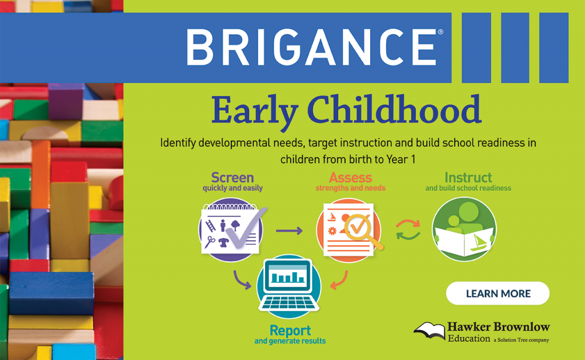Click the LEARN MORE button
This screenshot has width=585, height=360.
pos(498,293)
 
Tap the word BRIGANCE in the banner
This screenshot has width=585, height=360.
pos(311,47)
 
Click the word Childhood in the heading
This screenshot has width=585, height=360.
pos(394,110)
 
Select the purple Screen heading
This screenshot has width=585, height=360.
pos(233,178)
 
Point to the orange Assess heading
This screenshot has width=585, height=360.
pos(350,178)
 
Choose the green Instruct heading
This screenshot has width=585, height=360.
pos(468,178)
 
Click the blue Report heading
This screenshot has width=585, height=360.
pos(290,331)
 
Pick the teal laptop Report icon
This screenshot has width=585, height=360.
pos(289,286)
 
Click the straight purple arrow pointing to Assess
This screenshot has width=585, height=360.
pos(289,231)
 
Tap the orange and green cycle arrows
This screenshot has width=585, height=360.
pos(408,230)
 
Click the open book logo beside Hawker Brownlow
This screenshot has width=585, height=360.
pos(430,330)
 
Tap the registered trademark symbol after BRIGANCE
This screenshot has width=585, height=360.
pos(440,32)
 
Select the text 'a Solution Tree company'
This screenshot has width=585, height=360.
pos(521,340)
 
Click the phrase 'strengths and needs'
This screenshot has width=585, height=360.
pos(350,188)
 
